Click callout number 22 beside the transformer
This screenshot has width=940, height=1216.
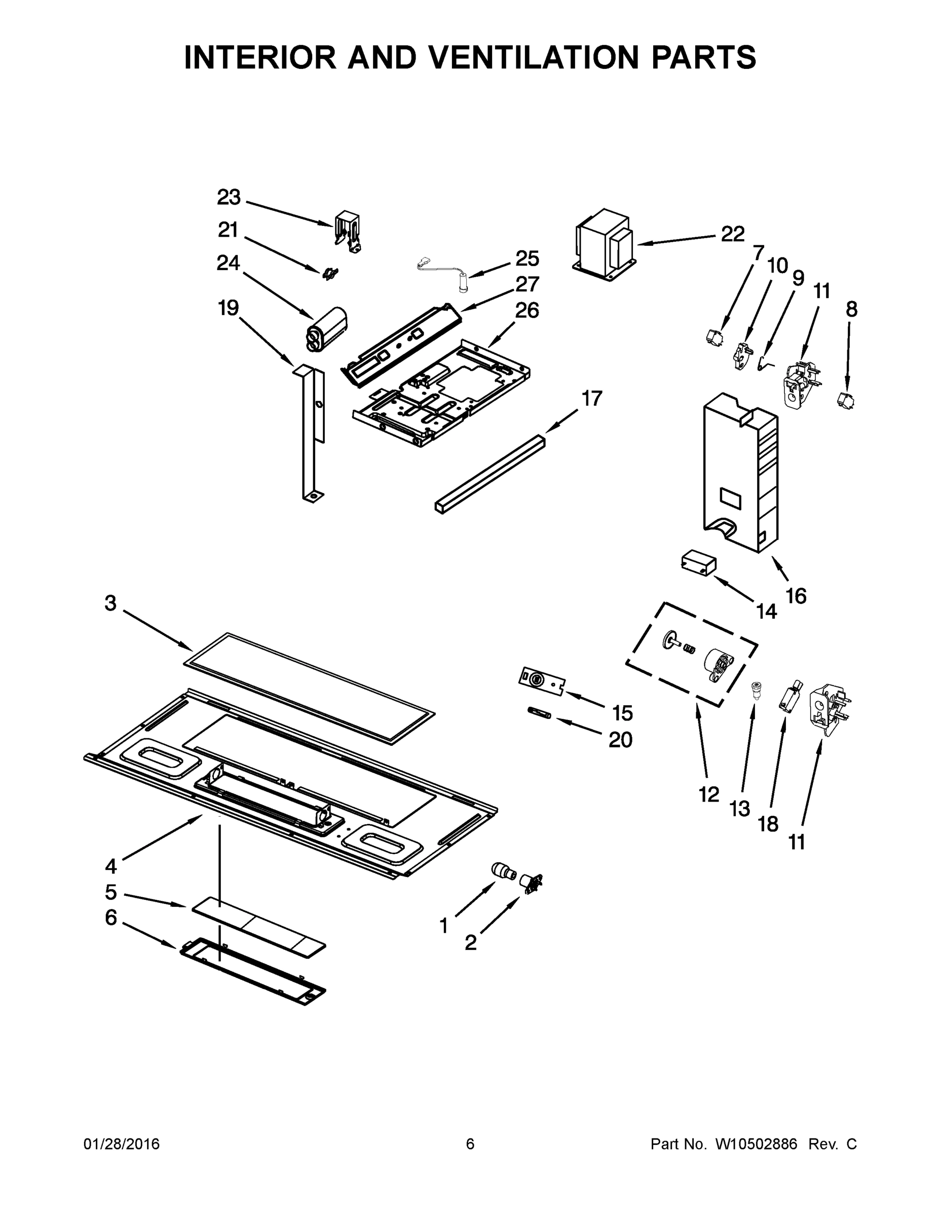tap(732, 235)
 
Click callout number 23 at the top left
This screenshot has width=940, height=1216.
tap(229, 197)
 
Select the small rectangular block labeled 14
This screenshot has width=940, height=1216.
tap(698, 564)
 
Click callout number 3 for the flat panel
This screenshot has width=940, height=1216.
tap(110, 603)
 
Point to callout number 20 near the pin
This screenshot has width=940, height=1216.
tap(620, 740)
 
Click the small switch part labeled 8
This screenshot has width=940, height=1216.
tap(846, 399)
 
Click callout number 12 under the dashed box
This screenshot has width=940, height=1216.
tap(708, 795)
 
